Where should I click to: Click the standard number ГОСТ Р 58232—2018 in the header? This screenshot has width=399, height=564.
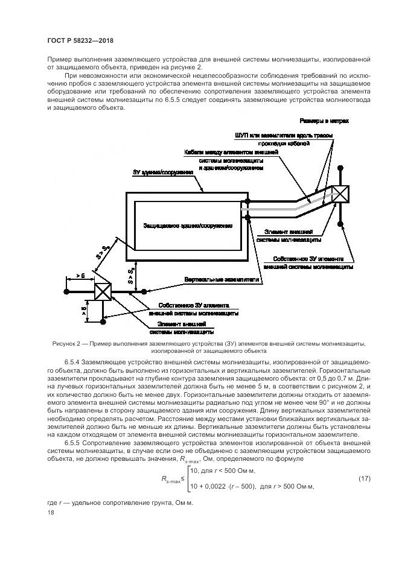(x=80, y=40)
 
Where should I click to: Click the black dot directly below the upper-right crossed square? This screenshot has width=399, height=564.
(x=341, y=225)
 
